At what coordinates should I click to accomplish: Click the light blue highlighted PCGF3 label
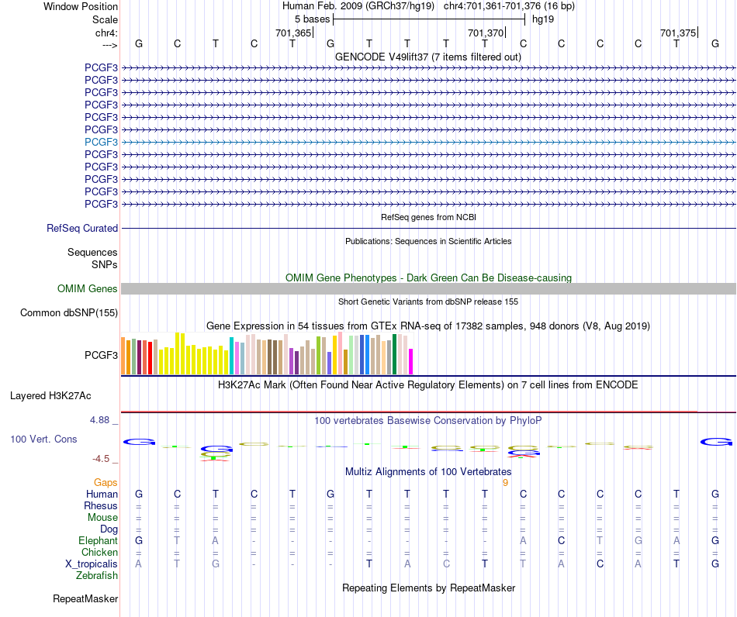101,142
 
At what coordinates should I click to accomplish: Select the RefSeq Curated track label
82,228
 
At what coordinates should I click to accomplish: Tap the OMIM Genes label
88,289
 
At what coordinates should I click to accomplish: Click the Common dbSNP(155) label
69,312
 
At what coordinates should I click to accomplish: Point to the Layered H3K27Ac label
50,396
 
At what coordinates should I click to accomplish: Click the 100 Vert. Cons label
43,439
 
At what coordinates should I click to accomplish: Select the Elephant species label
99,540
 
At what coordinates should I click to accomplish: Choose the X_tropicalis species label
92,564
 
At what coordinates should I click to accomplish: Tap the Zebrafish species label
97,576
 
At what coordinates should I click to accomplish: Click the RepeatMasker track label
85,598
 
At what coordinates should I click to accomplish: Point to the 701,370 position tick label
486,33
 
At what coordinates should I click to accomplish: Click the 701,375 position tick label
678,33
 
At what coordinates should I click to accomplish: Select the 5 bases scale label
313,19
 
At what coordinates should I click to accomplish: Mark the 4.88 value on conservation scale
99,420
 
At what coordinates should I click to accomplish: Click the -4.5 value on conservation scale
101,459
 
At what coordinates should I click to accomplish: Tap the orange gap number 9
505,483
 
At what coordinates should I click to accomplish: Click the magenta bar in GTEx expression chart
411,361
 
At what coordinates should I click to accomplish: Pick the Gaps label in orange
106,483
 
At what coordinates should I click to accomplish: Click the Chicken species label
99,552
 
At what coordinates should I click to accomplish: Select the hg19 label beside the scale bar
543,19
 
